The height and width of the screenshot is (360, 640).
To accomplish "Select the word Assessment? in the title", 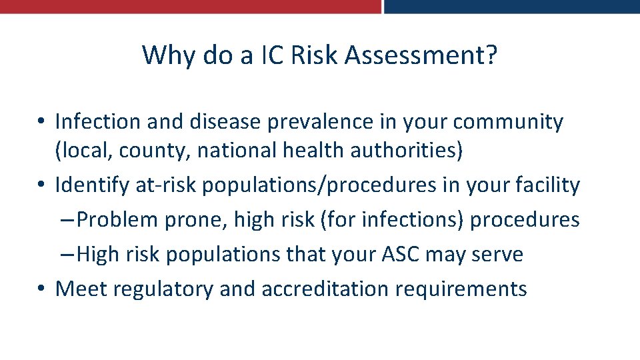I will tap(421, 55).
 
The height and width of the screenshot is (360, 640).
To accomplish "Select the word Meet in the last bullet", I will tap(81, 289).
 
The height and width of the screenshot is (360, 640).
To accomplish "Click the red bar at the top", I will tap(190, 6).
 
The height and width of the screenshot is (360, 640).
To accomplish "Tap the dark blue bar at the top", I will tap(512, 6).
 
